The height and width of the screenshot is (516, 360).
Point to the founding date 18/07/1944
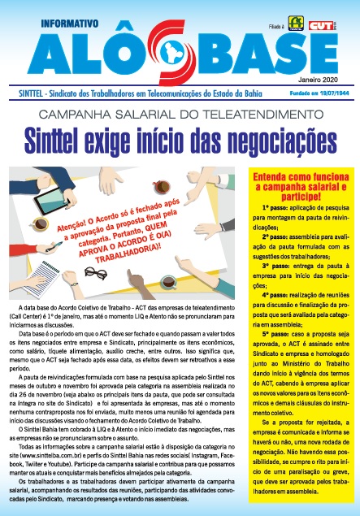[x=332, y=93]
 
